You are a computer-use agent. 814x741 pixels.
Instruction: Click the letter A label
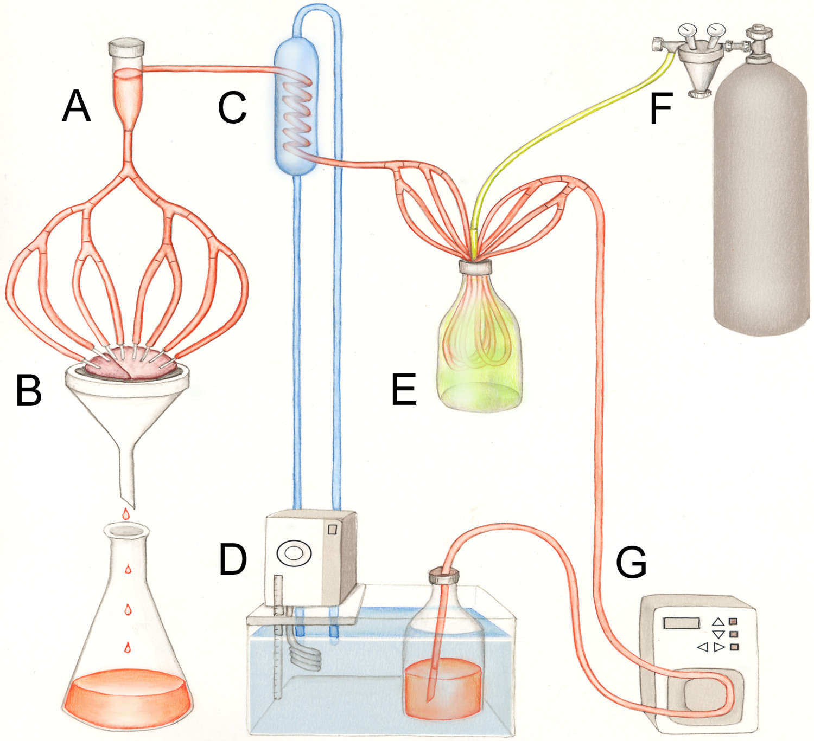[76, 106]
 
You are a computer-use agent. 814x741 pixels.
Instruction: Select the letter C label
[232, 108]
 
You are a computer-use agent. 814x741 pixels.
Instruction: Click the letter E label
[404, 389]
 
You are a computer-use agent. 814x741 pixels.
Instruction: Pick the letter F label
[661, 108]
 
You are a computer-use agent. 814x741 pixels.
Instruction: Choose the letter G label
[631, 562]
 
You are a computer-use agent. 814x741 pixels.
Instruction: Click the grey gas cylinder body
[760, 206]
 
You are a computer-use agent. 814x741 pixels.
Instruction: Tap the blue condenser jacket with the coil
[295, 108]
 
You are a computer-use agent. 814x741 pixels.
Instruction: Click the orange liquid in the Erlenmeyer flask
[128, 697]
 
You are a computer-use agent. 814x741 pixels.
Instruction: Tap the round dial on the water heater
[294, 553]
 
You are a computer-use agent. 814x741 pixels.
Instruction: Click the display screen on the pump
[682, 623]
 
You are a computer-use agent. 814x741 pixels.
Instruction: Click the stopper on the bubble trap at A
[127, 48]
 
